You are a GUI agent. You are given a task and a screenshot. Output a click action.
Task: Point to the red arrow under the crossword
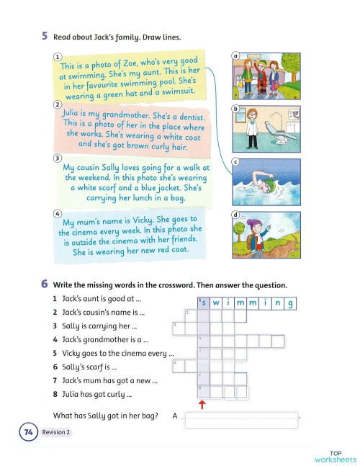coord(203,404)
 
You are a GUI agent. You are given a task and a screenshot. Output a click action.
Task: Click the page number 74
coord(29,432)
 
